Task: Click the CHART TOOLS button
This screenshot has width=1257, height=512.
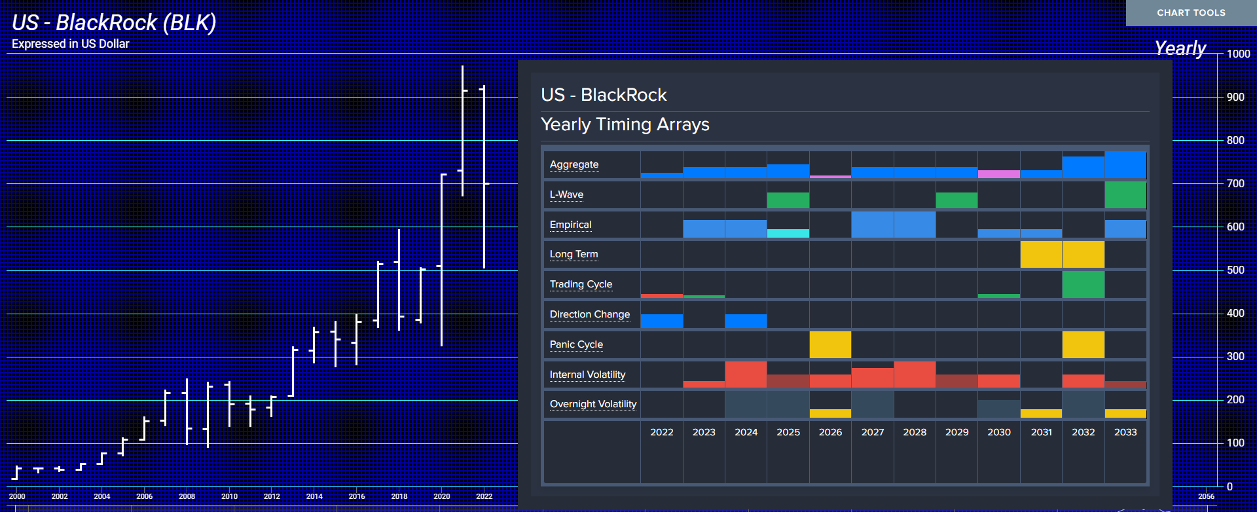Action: (1191, 12)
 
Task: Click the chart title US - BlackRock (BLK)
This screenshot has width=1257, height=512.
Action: (114, 23)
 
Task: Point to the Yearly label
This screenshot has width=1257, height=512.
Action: (1180, 48)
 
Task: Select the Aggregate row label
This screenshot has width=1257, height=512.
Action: (574, 164)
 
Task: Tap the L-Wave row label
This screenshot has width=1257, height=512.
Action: (566, 194)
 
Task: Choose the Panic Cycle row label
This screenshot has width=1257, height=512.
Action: (576, 344)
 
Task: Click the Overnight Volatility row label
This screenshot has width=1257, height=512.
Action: (593, 404)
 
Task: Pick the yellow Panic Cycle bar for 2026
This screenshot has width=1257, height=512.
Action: (830, 345)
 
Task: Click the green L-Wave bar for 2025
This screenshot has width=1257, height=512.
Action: (788, 200)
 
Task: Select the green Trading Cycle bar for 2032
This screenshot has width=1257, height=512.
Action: (1084, 284)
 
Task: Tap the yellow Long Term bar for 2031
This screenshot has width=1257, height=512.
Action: (1041, 255)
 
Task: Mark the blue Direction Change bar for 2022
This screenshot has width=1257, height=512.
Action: (662, 321)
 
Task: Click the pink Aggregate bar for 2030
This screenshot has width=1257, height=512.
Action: (999, 174)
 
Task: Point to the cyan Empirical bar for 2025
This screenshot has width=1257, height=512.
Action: (788, 234)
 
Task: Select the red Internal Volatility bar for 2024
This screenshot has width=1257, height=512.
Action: (746, 375)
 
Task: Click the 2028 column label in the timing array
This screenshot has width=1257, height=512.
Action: (915, 432)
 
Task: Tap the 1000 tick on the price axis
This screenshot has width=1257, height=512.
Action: (1238, 54)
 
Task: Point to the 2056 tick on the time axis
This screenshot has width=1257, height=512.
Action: (1206, 496)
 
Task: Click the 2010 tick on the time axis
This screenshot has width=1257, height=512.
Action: (229, 496)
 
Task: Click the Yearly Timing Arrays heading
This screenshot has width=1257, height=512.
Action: (625, 124)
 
